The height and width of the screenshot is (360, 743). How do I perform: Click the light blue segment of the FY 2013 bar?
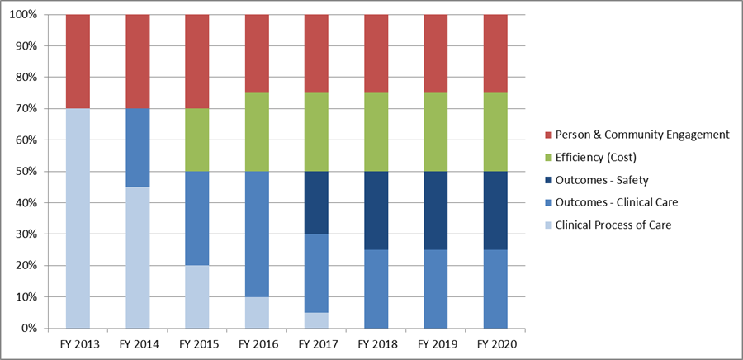(78, 218)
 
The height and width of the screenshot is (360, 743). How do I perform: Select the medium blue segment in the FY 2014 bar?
(137, 148)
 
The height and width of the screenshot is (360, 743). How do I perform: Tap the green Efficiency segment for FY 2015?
(196, 140)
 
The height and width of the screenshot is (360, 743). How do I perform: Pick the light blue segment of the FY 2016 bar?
(256, 312)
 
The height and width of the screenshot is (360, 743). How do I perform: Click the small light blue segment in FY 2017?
(315, 320)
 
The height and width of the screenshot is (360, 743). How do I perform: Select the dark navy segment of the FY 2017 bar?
(315, 202)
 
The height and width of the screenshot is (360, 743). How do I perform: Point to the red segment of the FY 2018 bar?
(376, 54)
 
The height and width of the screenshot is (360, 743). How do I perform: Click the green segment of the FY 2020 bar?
(495, 132)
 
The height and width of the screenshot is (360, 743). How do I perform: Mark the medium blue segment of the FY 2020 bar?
(495, 289)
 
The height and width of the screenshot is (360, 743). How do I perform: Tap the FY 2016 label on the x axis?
(256, 343)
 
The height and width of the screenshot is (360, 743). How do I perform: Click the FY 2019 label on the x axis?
(435, 343)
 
